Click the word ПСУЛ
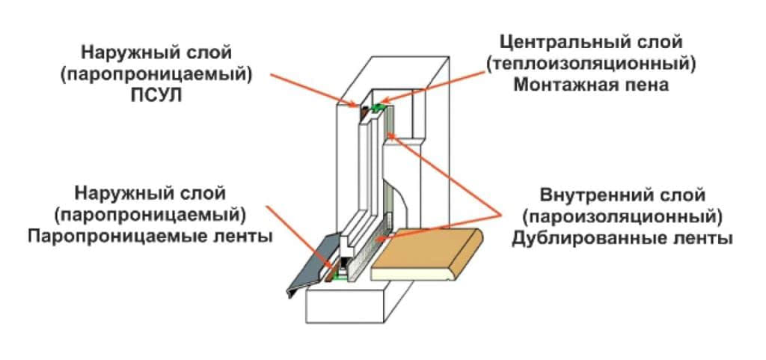tap(168, 96)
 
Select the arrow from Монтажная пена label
tap(434, 88)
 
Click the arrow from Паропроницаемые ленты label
tap(299, 236)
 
